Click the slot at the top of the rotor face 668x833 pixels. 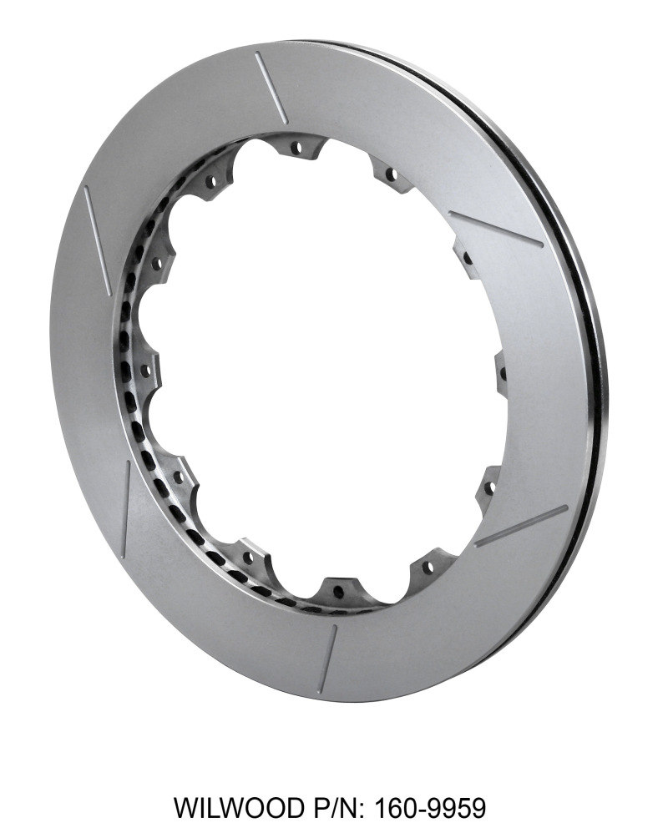coord(271,87)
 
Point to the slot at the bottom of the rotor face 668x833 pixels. coord(327,659)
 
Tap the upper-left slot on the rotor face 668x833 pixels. coord(98,228)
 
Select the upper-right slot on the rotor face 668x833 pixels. coord(495,229)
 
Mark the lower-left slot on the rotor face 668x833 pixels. coord(125,509)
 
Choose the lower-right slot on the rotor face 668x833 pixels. coord(520,526)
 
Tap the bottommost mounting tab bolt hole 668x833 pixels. coord(338,593)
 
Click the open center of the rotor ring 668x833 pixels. coord(326,367)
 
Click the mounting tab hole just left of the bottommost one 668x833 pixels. coord(247,554)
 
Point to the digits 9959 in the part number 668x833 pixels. coord(456,808)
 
